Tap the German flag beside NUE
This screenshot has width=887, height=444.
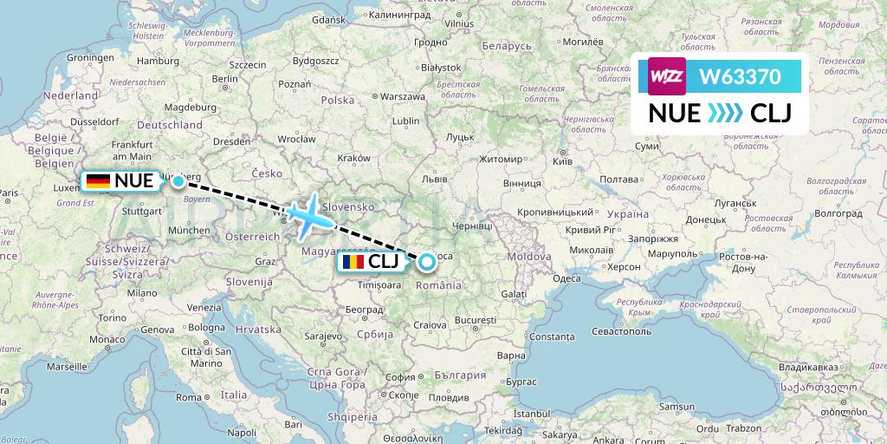(x=98, y=181)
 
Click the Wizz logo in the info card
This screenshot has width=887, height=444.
(x=667, y=76)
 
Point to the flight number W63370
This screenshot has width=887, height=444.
(x=741, y=76)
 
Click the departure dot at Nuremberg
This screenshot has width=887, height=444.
(x=178, y=181)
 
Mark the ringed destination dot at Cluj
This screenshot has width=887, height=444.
(x=427, y=260)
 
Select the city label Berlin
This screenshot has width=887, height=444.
(x=224, y=79)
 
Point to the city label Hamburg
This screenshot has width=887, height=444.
(x=157, y=62)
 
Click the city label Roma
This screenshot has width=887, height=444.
(x=189, y=396)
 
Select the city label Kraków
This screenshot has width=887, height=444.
(x=354, y=158)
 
